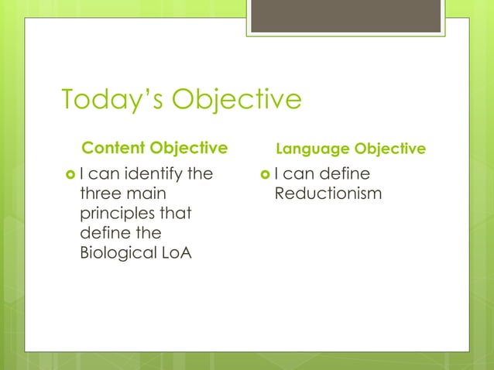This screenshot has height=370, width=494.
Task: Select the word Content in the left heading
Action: pos(112,147)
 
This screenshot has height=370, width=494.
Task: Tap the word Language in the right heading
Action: pos(313,148)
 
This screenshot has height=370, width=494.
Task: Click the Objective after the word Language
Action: pos(389,148)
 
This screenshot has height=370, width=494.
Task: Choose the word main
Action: pos(146,194)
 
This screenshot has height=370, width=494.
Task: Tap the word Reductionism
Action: pos(328,194)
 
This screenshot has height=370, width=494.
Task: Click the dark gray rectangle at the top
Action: pos(345,16)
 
